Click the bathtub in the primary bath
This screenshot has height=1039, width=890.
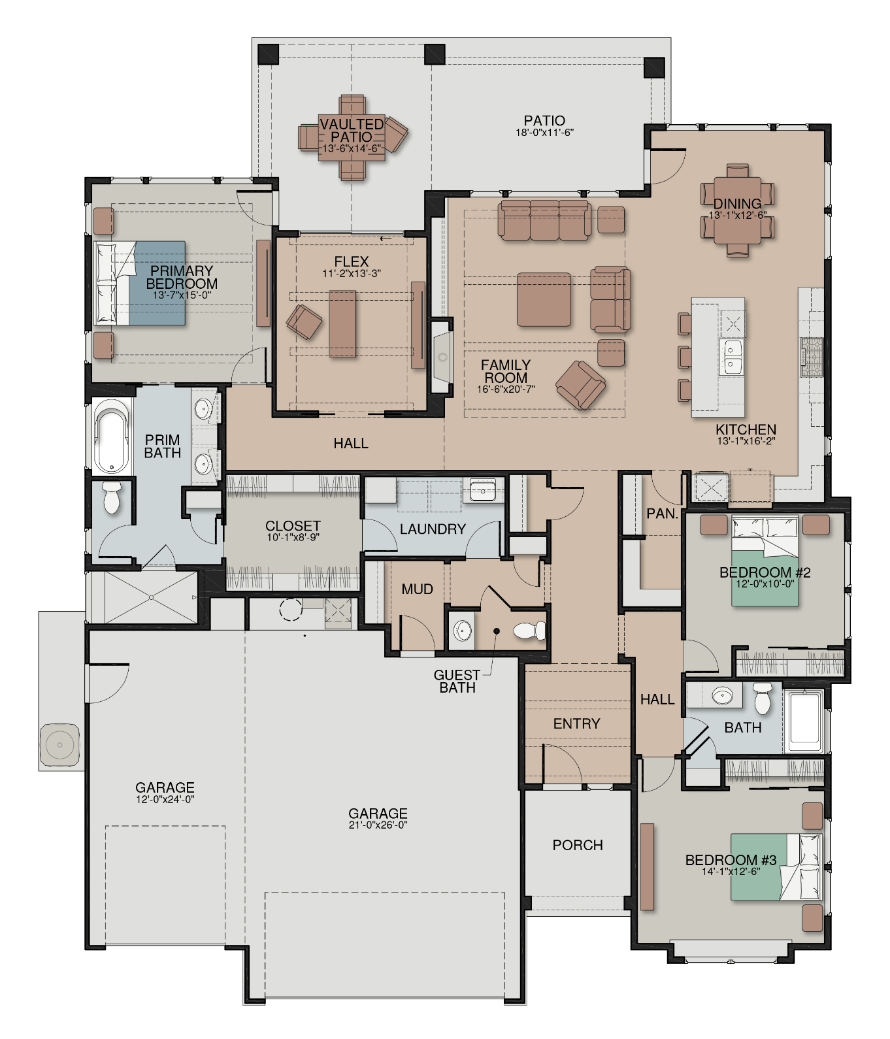click(112, 437)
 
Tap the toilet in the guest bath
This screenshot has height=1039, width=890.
click(529, 631)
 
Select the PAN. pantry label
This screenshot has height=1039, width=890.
click(662, 514)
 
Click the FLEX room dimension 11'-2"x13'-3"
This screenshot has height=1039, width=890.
click(352, 274)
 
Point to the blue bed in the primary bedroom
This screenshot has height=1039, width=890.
click(140, 284)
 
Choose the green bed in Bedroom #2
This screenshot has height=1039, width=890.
click(765, 561)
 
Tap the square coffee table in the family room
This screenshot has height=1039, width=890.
click(544, 299)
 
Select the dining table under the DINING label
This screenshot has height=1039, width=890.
click(737, 210)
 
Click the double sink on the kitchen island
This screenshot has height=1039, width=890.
click(732, 357)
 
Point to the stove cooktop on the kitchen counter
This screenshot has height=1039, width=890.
click(812, 357)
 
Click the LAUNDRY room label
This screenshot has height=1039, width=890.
click(433, 529)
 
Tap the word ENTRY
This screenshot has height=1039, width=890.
click(576, 723)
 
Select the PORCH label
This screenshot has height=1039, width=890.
click(578, 845)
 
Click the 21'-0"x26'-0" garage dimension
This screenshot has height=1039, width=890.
click(378, 825)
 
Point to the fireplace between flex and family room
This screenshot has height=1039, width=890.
click(442, 357)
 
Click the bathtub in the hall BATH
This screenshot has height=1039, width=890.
click(805, 721)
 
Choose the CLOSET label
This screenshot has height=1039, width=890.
click(293, 526)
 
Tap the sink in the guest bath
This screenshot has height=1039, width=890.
click(463, 631)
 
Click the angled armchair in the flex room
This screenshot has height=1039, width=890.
click(304, 322)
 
